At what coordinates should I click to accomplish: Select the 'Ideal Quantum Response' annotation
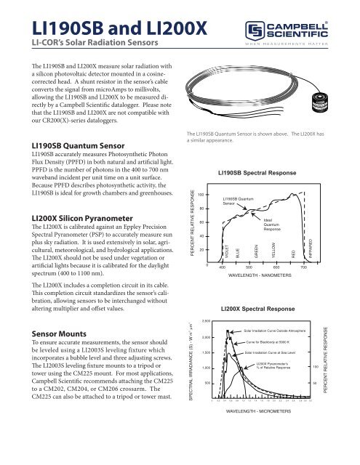(273, 224)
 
